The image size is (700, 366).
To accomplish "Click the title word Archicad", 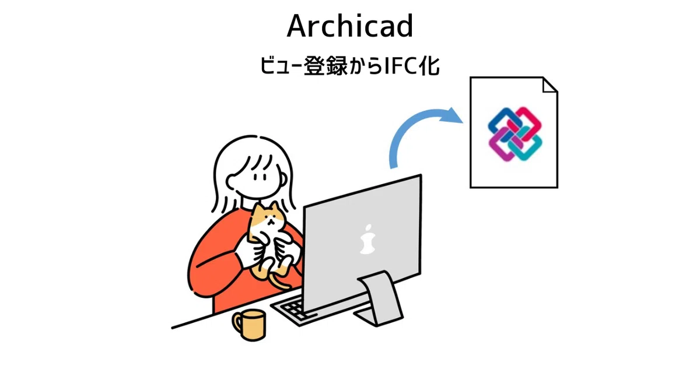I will [350, 27].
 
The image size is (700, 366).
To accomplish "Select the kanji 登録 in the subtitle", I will [321, 66].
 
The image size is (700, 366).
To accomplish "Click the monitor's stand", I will [379, 297].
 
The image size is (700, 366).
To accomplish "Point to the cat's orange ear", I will [257, 209].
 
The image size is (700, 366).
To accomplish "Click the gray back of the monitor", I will [362, 256].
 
